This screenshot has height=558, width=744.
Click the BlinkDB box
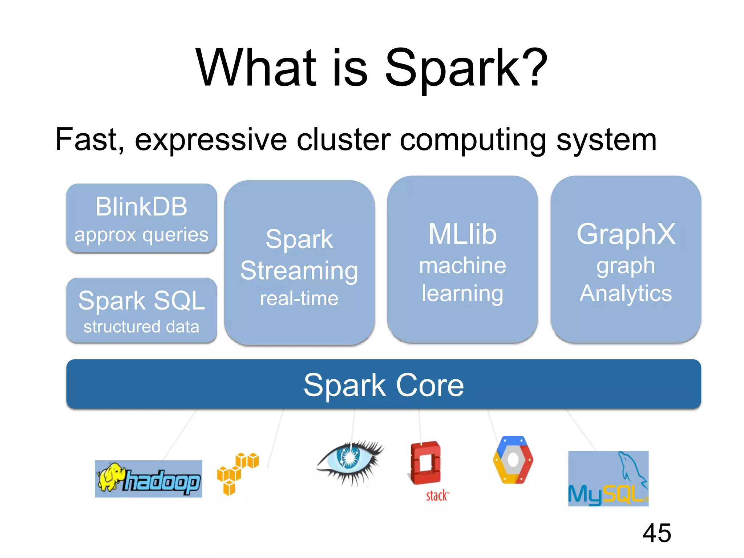coord(141,218)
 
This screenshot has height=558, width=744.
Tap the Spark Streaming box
coord(299,262)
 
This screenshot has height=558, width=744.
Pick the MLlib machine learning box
coord(462,259)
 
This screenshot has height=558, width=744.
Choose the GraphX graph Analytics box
coord(626,259)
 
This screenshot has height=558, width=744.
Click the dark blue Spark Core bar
coord(383,384)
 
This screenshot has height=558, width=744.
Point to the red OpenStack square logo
coord(425,463)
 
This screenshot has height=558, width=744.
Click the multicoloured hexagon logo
coord(513,460)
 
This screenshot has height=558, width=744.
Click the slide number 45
coord(656,533)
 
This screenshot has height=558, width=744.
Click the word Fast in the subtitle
coord(89,139)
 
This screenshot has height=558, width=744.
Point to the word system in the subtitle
coord(606,140)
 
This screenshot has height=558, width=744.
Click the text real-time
coord(299,299)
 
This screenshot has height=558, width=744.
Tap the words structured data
coord(141,327)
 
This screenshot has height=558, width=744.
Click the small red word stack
coord(437,496)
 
